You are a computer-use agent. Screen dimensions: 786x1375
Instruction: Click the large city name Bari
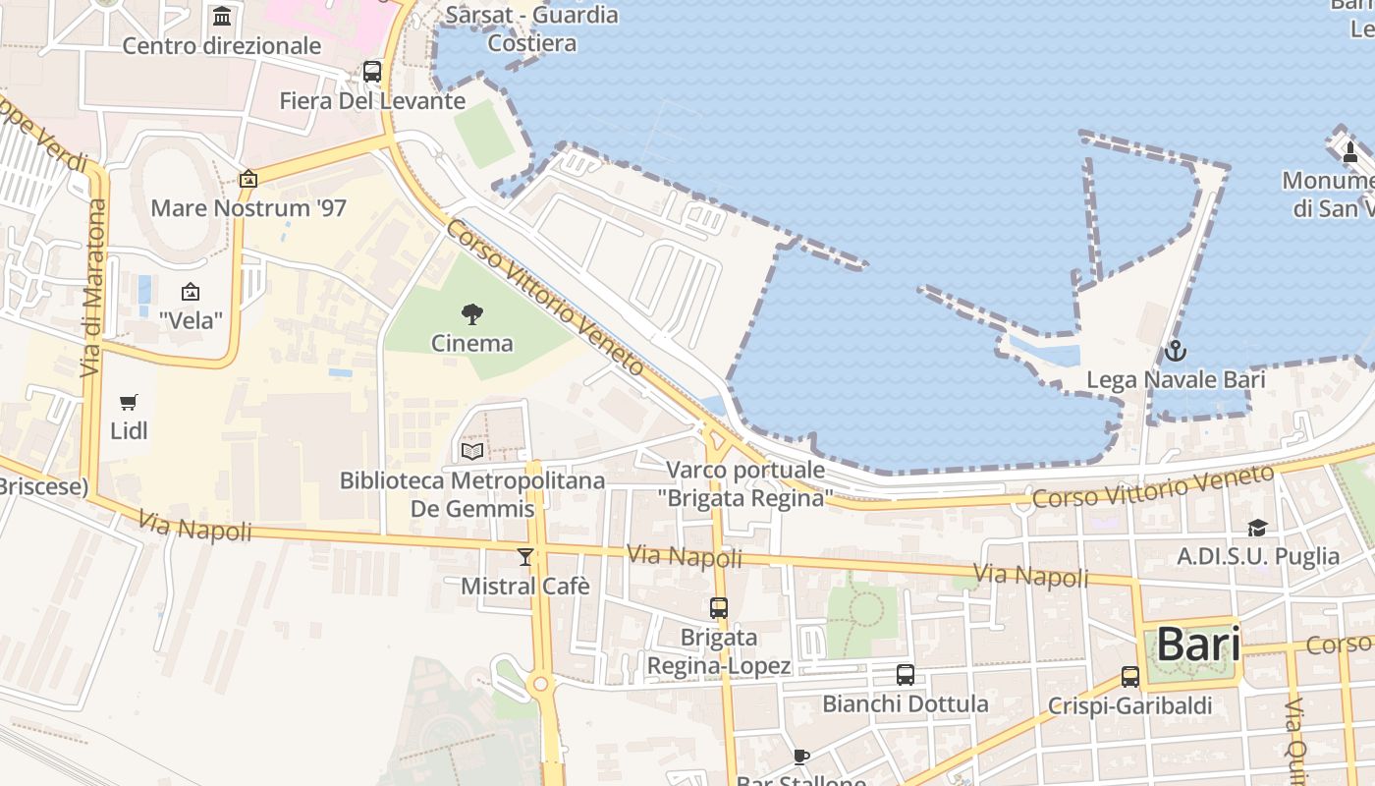[x=1197, y=645]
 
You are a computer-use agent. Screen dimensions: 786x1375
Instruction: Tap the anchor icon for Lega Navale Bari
[x=1176, y=351]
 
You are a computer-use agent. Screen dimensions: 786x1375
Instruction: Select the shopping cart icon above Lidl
[x=129, y=402]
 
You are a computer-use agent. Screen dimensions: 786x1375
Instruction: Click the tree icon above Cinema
[x=472, y=314]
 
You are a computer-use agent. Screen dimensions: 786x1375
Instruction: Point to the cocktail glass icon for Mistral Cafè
[x=525, y=557]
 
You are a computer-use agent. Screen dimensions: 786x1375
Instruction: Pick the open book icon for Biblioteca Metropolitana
[x=472, y=451]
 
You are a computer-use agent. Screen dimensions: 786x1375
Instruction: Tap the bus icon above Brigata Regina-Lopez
[x=719, y=608]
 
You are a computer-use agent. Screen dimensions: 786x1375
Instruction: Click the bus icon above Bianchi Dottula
[x=906, y=675]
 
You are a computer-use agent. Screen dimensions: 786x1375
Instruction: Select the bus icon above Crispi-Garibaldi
[x=1130, y=677]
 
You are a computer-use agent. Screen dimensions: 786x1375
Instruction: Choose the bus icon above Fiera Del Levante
[x=372, y=72]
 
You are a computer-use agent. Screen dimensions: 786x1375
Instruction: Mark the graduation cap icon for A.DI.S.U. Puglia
[x=1258, y=529]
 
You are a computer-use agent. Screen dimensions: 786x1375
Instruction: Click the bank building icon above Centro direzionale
[x=222, y=17]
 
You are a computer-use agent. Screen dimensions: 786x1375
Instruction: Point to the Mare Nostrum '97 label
[x=248, y=208]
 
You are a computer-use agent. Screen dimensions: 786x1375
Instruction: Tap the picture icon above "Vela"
[x=191, y=292]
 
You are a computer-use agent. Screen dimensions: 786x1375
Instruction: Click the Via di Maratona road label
[x=93, y=289]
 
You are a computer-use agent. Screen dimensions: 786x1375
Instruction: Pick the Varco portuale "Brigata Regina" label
[x=745, y=483]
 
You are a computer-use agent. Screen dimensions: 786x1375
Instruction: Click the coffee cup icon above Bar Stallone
[x=801, y=756]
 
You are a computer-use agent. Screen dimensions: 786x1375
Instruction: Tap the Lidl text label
[x=129, y=430]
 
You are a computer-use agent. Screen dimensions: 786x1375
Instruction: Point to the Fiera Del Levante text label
[x=372, y=101]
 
